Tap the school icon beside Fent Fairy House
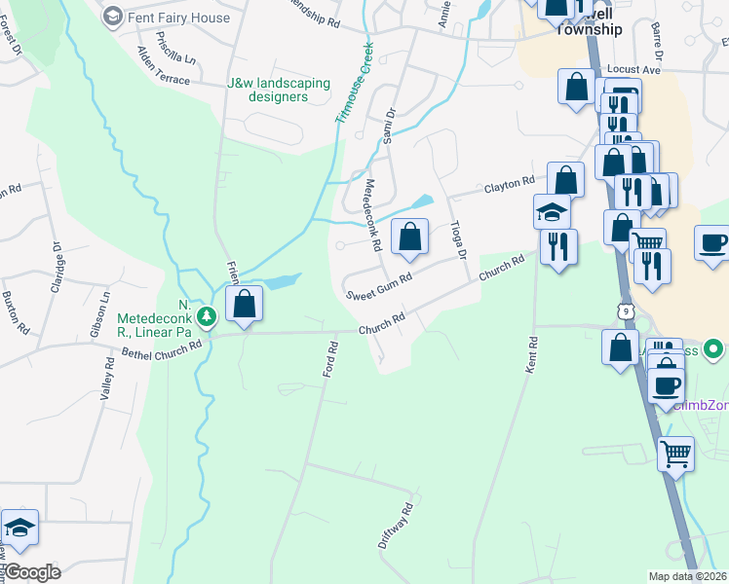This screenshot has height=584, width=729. [x=113, y=17]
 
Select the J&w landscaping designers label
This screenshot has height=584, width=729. [x=278, y=90]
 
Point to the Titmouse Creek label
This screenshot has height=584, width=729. [x=355, y=83]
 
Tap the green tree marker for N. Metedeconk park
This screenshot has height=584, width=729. [x=206, y=316]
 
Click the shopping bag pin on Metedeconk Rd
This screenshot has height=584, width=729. [x=410, y=237]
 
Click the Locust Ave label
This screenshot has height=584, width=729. [x=633, y=71]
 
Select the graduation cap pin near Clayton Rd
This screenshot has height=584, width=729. [x=552, y=212]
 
